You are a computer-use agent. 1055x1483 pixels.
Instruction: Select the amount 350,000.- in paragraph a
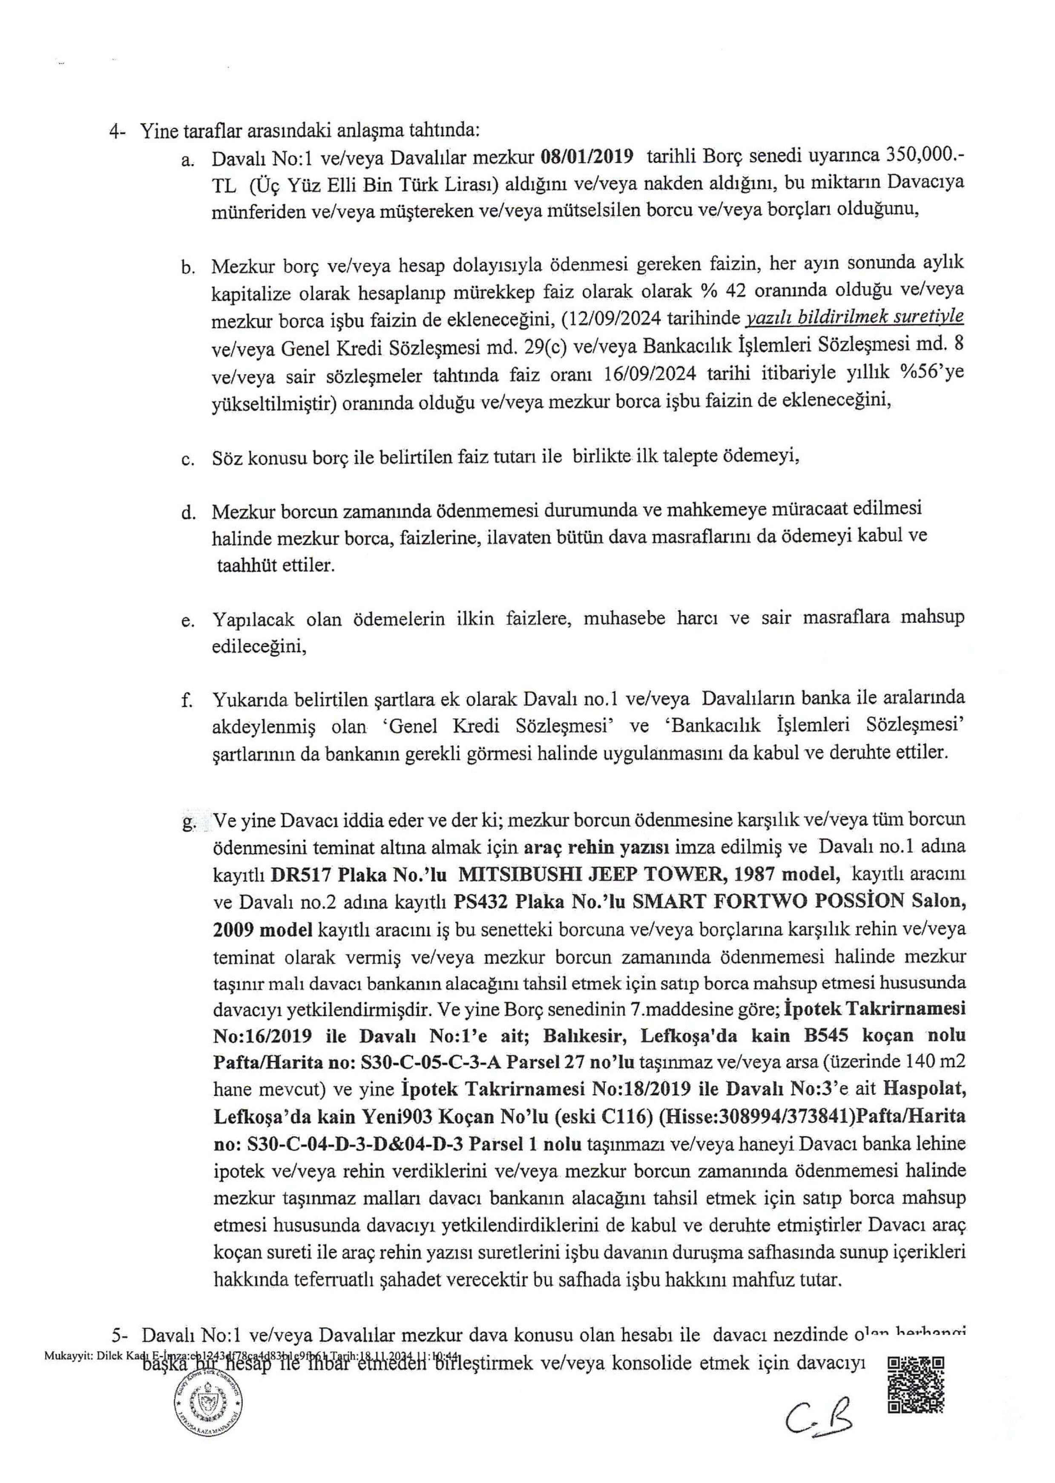point(924,157)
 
